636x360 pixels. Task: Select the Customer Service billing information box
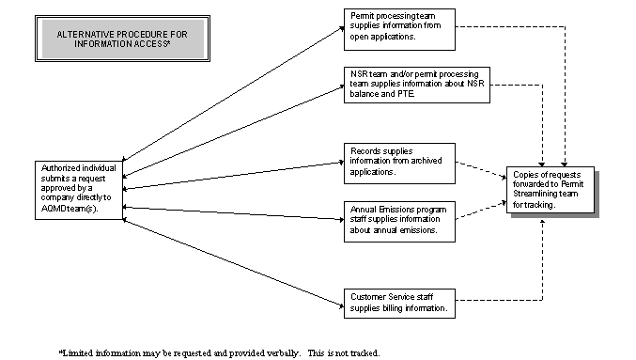click(x=400, y=301)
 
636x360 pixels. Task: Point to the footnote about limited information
click(x=220, y=352)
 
